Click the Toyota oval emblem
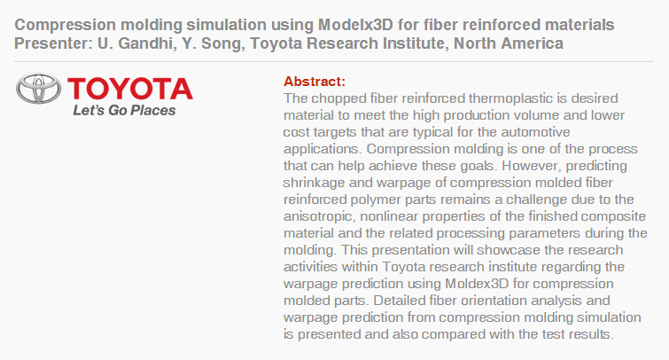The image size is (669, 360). pos(38,89)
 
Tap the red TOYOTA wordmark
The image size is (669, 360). pos(130,89)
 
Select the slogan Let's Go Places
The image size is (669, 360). pos(124,111)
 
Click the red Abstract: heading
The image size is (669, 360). pos(315,82)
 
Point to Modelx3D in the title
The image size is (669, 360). pos(355,25)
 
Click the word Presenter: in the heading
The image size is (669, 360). pos(53,43)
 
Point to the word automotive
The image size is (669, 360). pos(535,132)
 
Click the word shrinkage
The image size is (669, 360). pos(314,183)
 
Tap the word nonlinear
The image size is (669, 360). pos(388,216)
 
